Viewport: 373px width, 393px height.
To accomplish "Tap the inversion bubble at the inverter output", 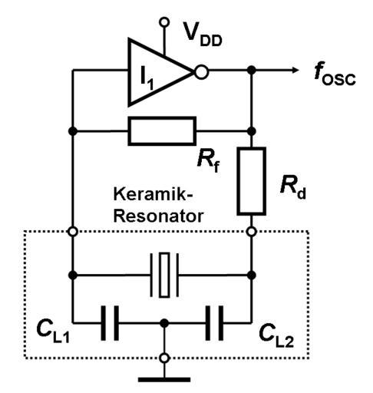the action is click(x=201, y=72).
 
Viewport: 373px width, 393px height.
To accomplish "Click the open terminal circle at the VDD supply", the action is click(x=164, y=22).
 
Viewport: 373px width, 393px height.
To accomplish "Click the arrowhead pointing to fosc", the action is click(x=295, y=70).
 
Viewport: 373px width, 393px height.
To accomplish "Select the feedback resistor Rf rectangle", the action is click(x=162, y=131).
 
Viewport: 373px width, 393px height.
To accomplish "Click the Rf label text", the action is click(x=209, y=160).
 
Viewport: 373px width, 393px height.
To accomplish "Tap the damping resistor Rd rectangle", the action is click(x=251, y=181).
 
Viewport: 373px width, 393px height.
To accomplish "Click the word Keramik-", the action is click(x=153, y=194).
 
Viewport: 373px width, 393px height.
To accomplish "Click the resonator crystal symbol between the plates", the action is click(x=164, y=275).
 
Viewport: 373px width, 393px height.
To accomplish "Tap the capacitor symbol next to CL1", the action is click(x=110, y=323).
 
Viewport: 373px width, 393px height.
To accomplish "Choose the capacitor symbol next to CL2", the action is click(x=214, y=323).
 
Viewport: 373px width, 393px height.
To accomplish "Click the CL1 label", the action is click(x=53, y=331).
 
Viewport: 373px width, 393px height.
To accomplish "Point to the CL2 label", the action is click(x=276, y=335).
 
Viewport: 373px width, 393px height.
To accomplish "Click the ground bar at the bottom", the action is click(x=164, y=380).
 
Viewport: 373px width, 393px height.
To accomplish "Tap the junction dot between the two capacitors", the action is click(x=164, y=323).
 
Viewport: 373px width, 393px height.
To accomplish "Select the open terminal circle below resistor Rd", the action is click(x=251, y=232).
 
